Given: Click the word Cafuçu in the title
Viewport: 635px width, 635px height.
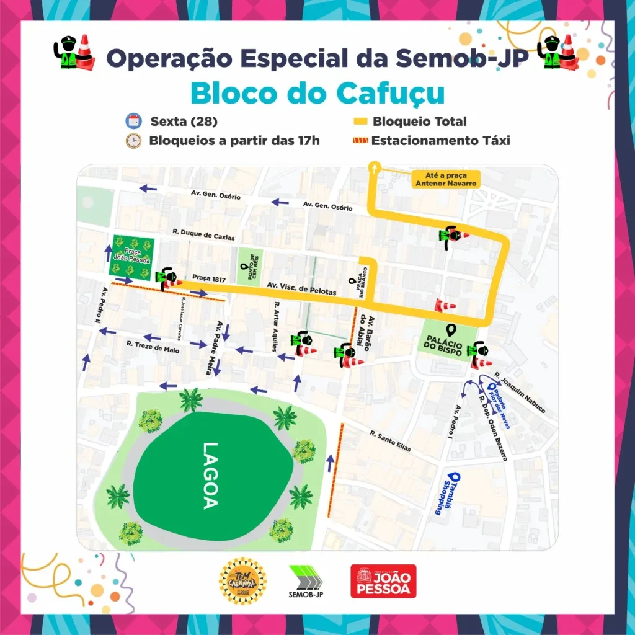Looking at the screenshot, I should [391, 93].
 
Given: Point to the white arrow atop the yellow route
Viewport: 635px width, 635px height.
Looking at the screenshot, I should [374, 166].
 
